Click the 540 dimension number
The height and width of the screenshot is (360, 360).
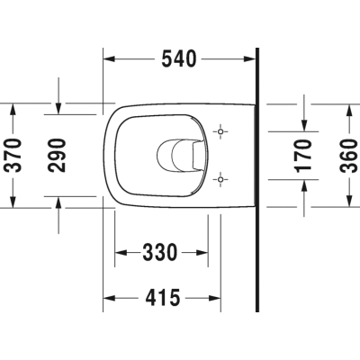tap(179, 59)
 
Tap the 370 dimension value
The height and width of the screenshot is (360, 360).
tap(14, 155)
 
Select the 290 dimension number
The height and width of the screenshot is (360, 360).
tap(57, 155)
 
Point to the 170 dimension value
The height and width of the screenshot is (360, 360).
tap(303, 156)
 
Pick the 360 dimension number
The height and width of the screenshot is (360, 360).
tap(348, 156)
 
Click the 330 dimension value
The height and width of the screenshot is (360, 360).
tap(160, 252)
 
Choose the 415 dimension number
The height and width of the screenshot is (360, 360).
tap(163, 298)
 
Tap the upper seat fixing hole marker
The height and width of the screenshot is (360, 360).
tap(220, 131)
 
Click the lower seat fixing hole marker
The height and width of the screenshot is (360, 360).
tap(220, 179)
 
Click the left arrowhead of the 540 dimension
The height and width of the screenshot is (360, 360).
tap(109, 59)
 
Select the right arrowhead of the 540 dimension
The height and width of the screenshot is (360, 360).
tap(249, 59)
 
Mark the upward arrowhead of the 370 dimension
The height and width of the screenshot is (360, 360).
tap(13, 109)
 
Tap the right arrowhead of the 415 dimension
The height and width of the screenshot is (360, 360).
tap(215, 298)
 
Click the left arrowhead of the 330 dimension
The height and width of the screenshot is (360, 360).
tap(121, 253)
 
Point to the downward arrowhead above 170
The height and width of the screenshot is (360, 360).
tap(304, 125)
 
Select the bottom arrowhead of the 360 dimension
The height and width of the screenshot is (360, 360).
tap(349, 201)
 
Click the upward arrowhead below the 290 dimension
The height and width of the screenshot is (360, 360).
tap(58, 202)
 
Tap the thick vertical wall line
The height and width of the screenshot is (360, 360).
tap(257, 180)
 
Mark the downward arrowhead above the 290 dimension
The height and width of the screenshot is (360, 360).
tap(58, 109)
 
